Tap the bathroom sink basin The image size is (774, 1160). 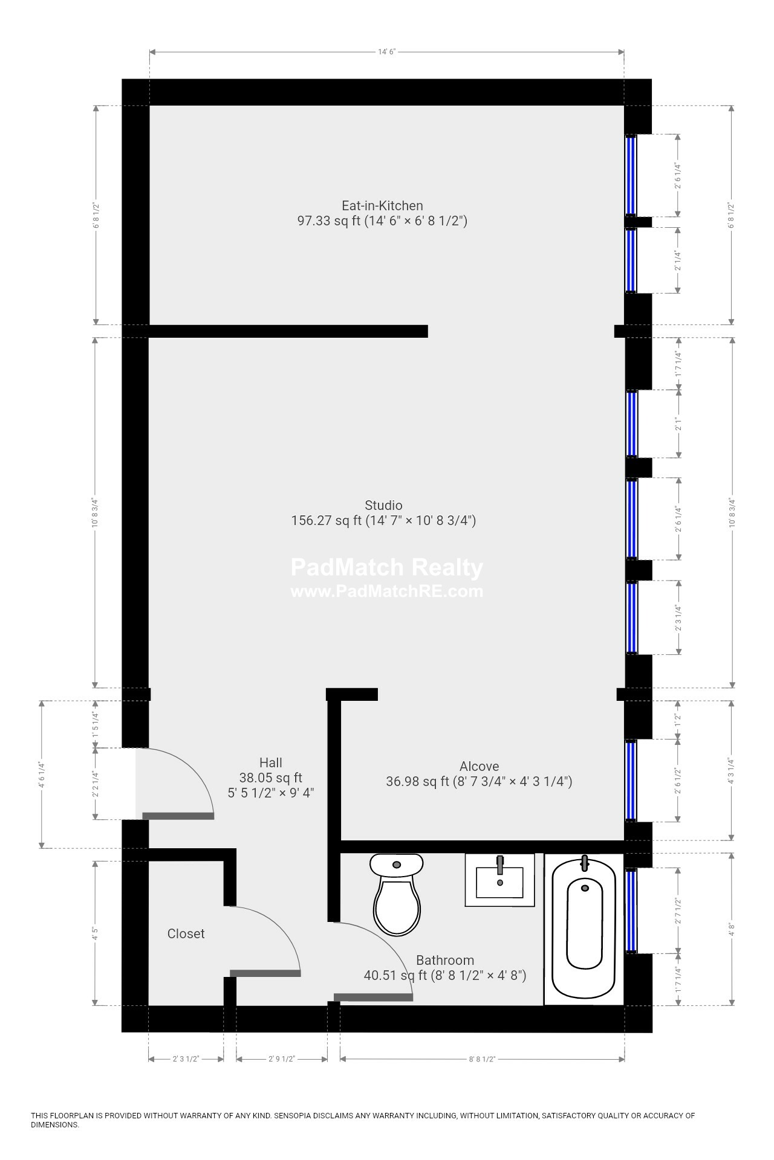tap(499, 882)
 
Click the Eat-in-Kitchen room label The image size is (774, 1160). tap(382, 205)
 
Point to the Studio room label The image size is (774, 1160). tap(383, 505)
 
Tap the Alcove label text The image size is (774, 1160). tap(479, 766)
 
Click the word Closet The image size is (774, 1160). tap(186, 933)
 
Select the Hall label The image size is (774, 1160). tap(270, 762)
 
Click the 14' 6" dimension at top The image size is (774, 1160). tap(386, 52)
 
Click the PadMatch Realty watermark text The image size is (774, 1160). tap(386, 567)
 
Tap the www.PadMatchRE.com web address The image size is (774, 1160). tap(386, 591)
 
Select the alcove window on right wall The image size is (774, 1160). tap(631, 780)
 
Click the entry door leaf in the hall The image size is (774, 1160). tap(178, 816)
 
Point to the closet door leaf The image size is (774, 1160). tap(265, 973)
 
